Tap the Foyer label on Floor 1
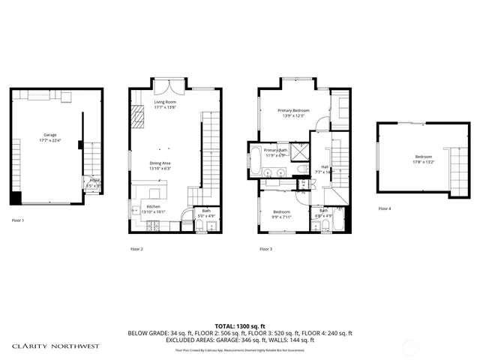[x=94, y=181]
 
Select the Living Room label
[x=164, y=104]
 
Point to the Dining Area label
[x=161, y=165]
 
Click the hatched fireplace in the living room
[x=137, y=116]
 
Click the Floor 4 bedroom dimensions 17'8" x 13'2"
[x=423, y=161]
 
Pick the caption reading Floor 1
[x=18, y=220]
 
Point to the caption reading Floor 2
[x=136, y=249]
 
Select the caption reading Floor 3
[x=265, y=249]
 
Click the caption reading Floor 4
[x=384, y=208]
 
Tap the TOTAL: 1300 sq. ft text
[x=239, y=325]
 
